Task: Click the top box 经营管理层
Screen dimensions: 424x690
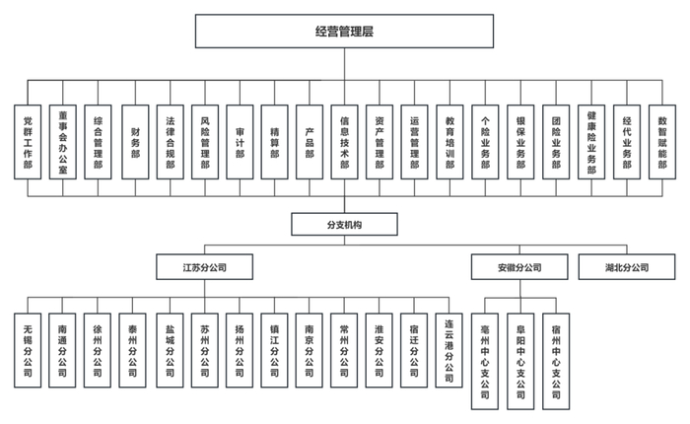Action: coord(344,32)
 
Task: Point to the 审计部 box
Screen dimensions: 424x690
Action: coord(240,140)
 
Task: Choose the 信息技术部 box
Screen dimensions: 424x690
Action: coord(345,140)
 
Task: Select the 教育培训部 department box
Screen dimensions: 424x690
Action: coord(450,140)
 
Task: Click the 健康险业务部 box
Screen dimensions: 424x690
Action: coord(591,140)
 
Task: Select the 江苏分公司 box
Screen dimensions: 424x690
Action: coord(204,267)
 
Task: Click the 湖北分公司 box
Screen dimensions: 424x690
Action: coord(627,267)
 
